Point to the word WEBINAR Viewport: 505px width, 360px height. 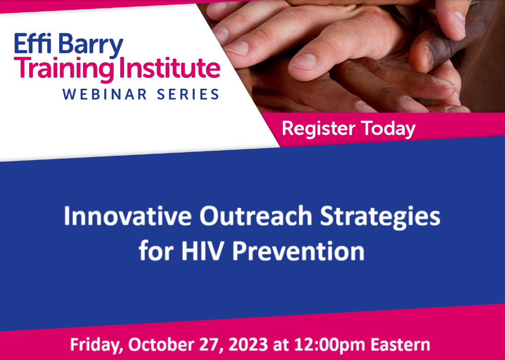[105, 95]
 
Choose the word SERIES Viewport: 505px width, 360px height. [188, 95]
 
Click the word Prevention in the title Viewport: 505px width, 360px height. [298, 251]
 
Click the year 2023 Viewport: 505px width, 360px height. [248, 344]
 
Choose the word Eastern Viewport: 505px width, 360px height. [400, 344]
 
